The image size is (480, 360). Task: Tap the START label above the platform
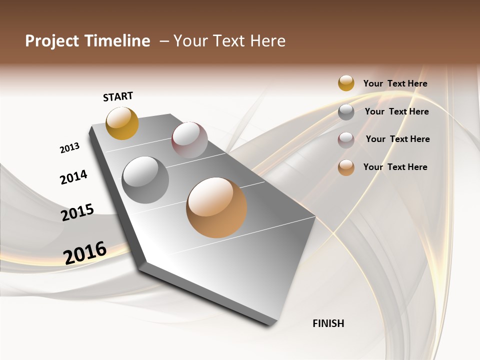click(118, 96)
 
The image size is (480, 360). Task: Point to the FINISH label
click(328, 323)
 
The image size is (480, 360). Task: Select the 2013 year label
click(69, 148)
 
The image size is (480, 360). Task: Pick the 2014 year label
click(73, 177)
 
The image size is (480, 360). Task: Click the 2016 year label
click(85, 252)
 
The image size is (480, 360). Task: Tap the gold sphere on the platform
click(122, 123)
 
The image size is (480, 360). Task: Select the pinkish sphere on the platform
click(189, 140)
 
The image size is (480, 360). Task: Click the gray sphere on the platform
click(145, 180)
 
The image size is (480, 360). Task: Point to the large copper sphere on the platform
click(216, 207)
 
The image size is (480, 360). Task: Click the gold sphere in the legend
click(346, 83)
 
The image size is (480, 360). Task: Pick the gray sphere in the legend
click(346, 112)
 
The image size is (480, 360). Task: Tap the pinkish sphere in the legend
click(346, 140)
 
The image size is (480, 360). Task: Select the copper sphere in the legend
click(346, 167)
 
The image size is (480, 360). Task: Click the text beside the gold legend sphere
click(395, 83)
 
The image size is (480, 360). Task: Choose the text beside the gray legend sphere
click(396, 111)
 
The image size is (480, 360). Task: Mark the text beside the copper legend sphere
click(395, 167)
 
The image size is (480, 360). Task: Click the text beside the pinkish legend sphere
click(397, 139)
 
